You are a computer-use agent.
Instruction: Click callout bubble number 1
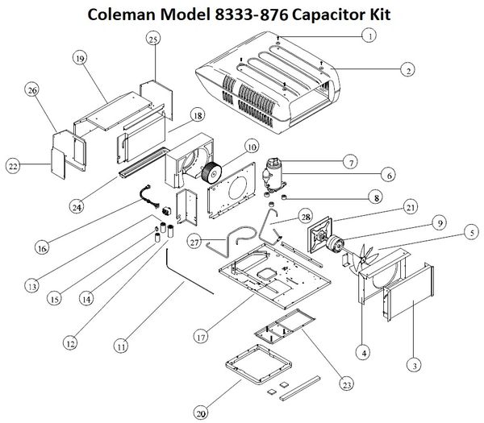click(368, 35)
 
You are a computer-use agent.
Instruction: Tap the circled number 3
click(412, 365)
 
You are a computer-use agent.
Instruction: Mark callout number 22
click(12, 166)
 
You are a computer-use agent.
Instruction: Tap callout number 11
click(120, 346)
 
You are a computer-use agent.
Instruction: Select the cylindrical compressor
click(275, 175)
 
